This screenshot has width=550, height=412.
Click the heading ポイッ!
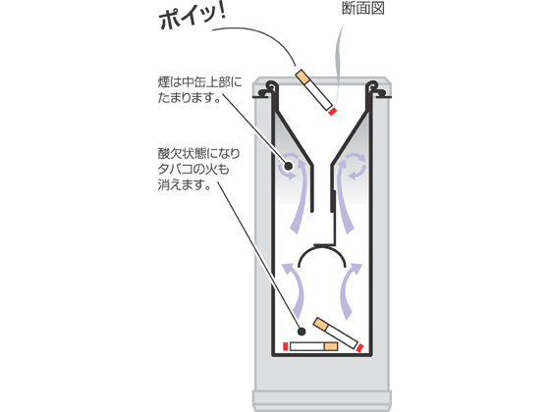point(192,17)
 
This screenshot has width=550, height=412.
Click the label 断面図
point(363,8)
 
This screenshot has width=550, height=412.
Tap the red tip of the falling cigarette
point(332,112)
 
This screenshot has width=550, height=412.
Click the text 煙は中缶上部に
point(199,82)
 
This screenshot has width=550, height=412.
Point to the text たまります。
point(190,97)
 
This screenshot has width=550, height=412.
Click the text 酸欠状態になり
point(198,153)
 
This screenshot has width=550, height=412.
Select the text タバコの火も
point(193,169)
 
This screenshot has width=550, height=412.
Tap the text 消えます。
point(185,184)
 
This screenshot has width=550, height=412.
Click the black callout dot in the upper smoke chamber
point(288,166)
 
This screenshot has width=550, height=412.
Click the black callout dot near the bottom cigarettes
point(301,332)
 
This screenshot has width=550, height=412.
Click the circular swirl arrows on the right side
point(356,166)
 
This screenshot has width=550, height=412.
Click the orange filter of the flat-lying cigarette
point(331,346)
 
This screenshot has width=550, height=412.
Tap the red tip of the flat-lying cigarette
point(286,346)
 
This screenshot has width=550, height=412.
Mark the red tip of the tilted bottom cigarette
point(359,348)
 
